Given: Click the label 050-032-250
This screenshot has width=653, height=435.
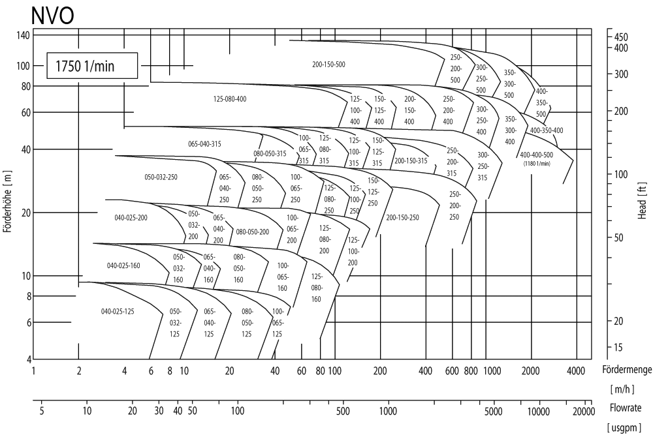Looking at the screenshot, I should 161,177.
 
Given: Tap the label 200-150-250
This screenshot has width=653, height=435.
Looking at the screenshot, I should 402,217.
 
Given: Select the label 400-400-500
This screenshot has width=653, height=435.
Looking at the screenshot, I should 536,155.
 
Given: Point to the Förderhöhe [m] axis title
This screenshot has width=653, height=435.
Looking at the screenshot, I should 8,196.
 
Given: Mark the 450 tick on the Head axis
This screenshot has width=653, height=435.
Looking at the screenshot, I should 621,37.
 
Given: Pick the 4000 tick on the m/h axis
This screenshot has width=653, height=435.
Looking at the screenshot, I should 575,370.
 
